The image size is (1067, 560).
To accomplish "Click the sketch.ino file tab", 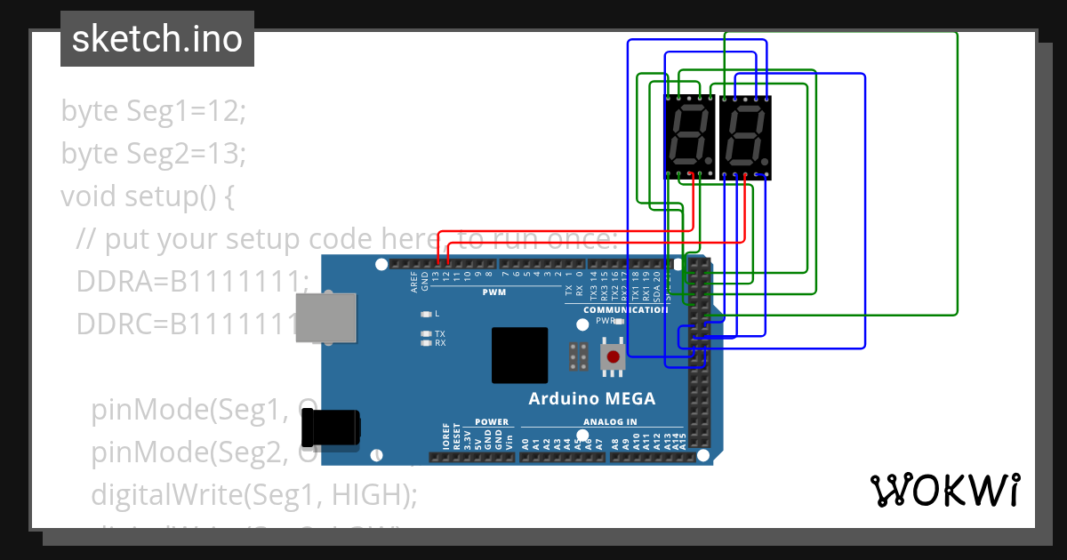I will coord(157,39).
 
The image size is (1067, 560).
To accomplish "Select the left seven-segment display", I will coord(689,137).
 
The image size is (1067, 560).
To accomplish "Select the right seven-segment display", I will coord(745,137).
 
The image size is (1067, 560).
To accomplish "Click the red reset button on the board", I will coord(613,357).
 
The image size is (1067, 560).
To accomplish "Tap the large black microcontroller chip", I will coord(519,355).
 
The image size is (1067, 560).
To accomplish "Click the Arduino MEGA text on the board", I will coord(591,398).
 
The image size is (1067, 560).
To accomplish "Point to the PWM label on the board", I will coord(494,292).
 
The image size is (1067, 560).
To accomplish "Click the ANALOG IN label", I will coord(609,422).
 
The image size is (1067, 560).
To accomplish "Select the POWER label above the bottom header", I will coord(492,422).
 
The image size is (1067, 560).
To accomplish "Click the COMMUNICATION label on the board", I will coord(625,309).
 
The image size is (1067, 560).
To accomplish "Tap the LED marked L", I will coord(427,314).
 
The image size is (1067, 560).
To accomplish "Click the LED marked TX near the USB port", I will coord(427,333).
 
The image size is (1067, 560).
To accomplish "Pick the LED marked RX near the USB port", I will coord(427,343).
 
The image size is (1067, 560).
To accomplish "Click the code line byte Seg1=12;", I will coord(152,111).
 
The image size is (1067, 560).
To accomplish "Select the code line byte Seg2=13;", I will coord(152,154).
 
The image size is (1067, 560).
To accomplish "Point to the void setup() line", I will coord(147,196).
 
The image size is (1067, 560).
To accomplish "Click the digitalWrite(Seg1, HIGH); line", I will coord(253,494).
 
